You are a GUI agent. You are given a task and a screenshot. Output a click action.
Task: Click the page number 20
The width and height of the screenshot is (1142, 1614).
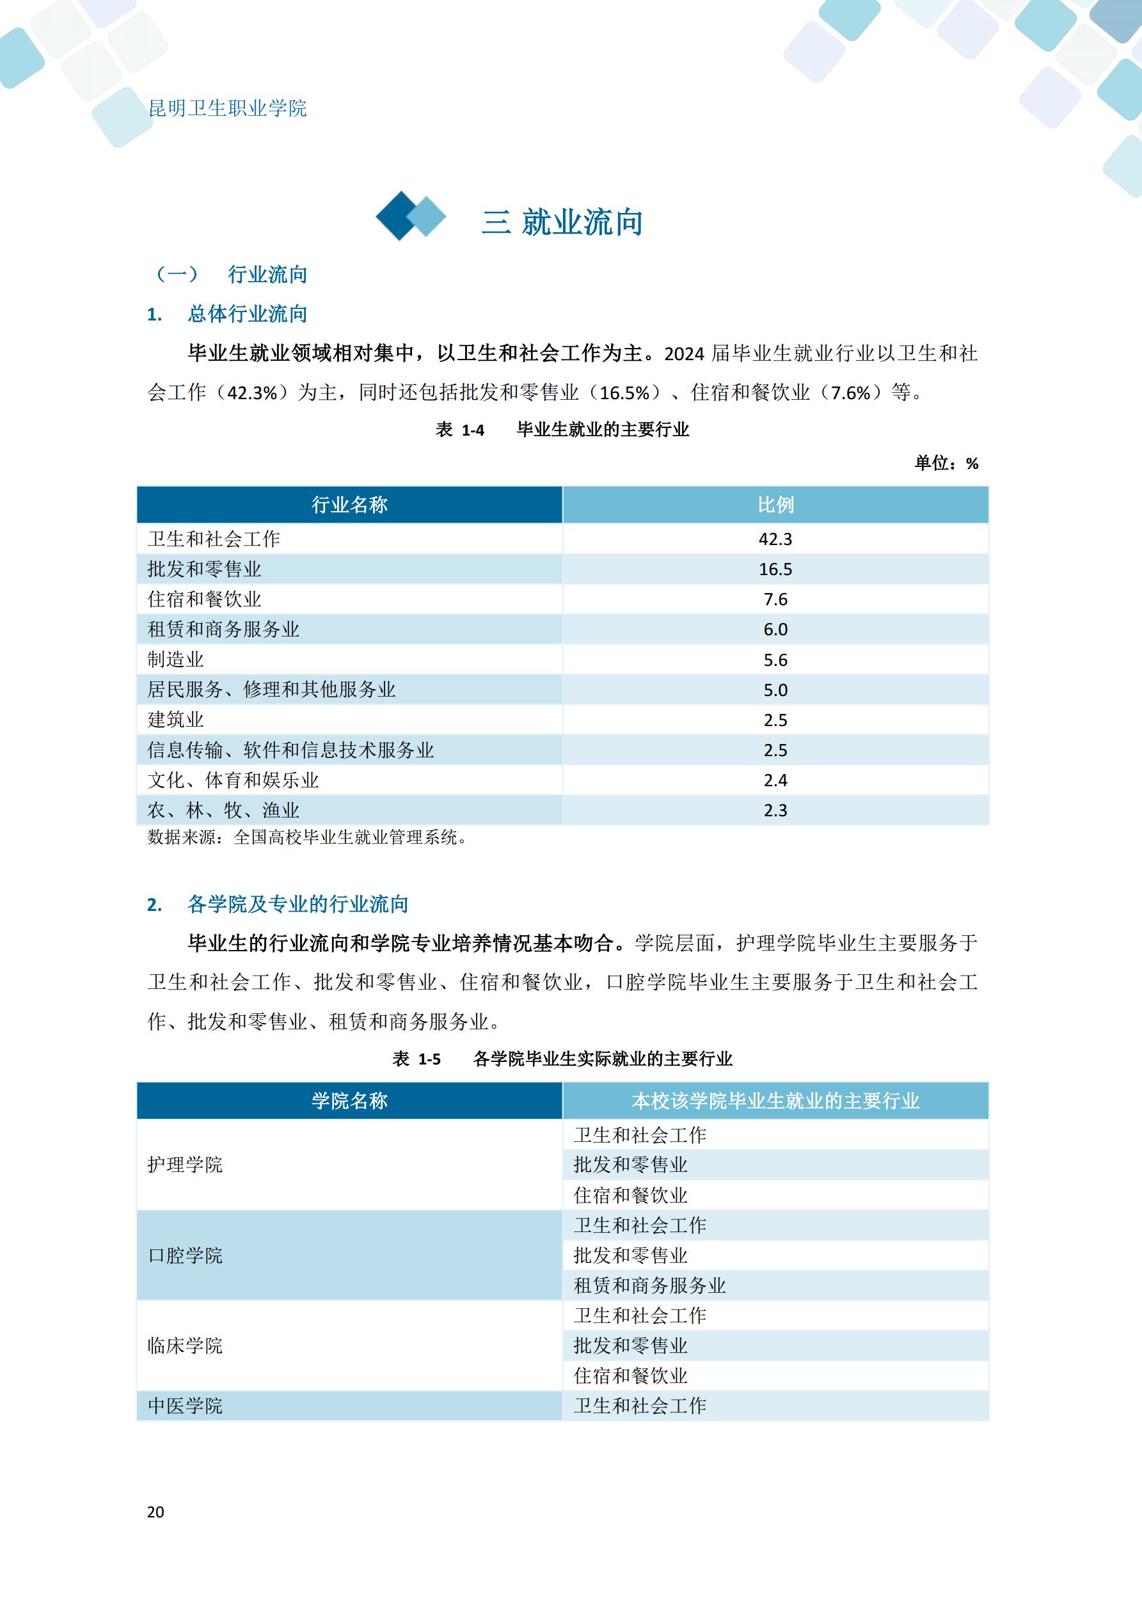click(155, 1512)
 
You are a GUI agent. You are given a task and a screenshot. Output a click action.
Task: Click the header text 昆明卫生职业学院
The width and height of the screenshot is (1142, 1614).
click(227, 108)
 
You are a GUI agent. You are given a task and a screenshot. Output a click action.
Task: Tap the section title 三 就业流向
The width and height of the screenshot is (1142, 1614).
click(562, 222)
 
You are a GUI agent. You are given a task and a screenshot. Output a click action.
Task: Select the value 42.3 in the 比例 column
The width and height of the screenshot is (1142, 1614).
click(775, 539)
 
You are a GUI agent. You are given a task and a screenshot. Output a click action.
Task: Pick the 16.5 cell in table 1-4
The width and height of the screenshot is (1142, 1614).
click(775, 569)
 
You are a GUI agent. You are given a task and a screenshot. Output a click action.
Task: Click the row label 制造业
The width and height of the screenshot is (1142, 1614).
click(176, 660)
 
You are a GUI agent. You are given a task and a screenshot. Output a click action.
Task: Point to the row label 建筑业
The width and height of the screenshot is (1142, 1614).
click(176, 720)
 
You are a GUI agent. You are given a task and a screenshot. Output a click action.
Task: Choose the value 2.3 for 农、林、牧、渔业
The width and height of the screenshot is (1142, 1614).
click(775, 811)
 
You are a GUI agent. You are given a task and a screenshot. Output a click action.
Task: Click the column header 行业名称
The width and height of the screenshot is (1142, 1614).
click(349, 505)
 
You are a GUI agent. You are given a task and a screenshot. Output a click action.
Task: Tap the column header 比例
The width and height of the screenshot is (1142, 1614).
click(775, 505)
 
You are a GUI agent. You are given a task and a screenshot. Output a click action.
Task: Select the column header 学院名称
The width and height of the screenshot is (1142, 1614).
click(349, 1101)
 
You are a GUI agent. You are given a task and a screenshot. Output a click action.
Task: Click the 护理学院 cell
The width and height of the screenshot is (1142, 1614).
click(185, 1165)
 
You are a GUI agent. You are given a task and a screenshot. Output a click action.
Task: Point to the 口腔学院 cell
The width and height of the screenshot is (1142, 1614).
click(185, 1256)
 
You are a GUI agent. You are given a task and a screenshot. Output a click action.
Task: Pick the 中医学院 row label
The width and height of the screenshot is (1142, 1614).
click(185, 1406)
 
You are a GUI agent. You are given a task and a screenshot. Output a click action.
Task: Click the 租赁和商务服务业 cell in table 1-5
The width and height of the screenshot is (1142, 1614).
click(649, 1286)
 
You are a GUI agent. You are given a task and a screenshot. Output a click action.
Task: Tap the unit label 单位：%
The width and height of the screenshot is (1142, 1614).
click(946, 463)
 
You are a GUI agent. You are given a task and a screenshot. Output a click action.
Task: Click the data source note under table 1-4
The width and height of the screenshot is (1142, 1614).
click(307, 837)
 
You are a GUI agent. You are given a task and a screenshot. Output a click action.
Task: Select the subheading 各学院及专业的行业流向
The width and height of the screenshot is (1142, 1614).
click(297, 904)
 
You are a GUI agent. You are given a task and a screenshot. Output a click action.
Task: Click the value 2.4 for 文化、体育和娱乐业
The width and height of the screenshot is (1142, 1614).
click(775, 780)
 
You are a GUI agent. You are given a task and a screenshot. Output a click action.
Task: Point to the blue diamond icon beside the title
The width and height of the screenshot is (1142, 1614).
click(411, 216)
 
